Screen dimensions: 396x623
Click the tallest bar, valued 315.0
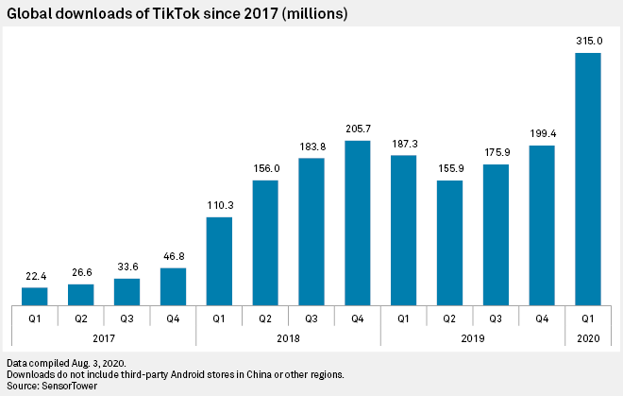tap(588, 180)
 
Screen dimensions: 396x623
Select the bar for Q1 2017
tap(35, 297)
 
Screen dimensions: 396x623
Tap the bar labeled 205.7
tap(358, 223)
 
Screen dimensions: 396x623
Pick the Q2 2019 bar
tap(450, 243)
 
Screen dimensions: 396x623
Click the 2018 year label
tap(288, 338)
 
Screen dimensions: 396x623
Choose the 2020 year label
tap(588, 338)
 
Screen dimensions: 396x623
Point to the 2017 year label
tap(104, 338)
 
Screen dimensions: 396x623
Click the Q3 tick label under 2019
tap(496, 319)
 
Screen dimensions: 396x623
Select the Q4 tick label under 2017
tap(173, 319)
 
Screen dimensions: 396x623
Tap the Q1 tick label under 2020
tap(588, 319)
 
